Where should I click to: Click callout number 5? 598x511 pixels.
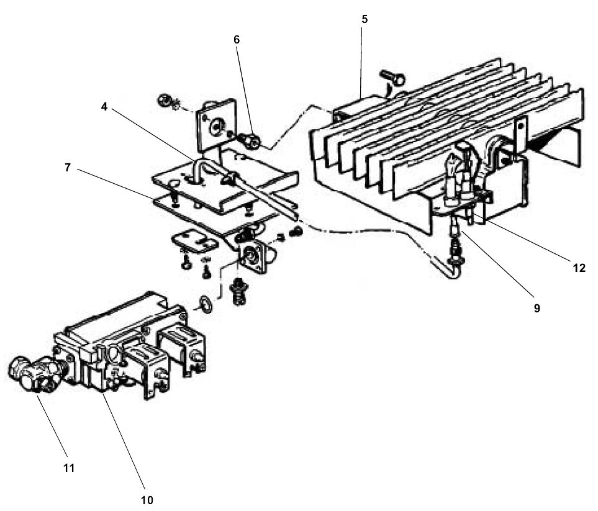click(365, 19)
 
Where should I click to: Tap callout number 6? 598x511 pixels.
click(236, 39)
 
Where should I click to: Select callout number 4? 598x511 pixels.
click(104, 106)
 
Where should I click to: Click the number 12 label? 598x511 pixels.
click(579, 268)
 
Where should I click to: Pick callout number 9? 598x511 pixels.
click(536, 307)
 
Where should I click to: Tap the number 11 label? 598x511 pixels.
click(68, 468)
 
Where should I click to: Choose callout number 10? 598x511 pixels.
click(147, 499)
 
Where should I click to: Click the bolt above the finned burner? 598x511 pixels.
click(394, 78)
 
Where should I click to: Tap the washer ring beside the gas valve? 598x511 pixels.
click(204, 304)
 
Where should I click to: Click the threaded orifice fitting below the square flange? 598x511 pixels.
click(237, 290)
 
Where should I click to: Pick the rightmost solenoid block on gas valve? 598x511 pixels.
click(183, 348)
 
